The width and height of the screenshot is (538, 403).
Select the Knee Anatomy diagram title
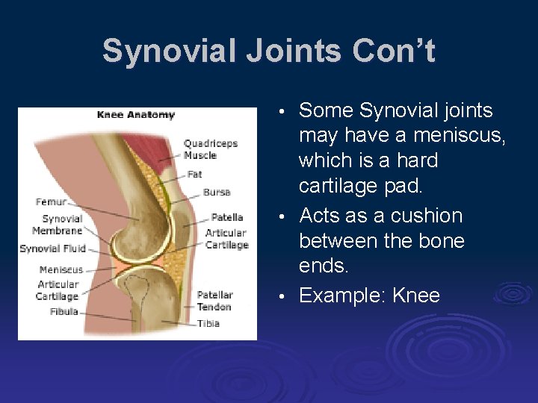tap(135, 115)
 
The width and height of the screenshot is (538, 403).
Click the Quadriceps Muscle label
tap(210, 149)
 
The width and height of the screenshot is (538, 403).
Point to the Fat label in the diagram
tap(194, 174)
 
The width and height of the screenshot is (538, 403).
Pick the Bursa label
tap(217, 192)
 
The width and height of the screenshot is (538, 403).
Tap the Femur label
tap(51, 201)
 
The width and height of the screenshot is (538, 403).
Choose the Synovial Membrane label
tap(62, 225)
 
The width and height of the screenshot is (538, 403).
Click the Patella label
tap(227, 217)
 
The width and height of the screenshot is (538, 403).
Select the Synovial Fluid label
tap(53, 249)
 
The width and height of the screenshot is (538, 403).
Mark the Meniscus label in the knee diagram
tap(61, 269)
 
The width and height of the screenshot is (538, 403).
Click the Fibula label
tap(64, 311)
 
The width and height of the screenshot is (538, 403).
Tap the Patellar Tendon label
tap(215, 301)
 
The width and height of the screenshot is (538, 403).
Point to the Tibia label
tap(208, 324)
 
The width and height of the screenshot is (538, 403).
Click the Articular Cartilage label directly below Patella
tap(226, 239)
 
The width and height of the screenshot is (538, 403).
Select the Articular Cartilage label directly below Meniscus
tap(58, 290)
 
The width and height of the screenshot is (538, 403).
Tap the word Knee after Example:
tap(415, 296)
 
